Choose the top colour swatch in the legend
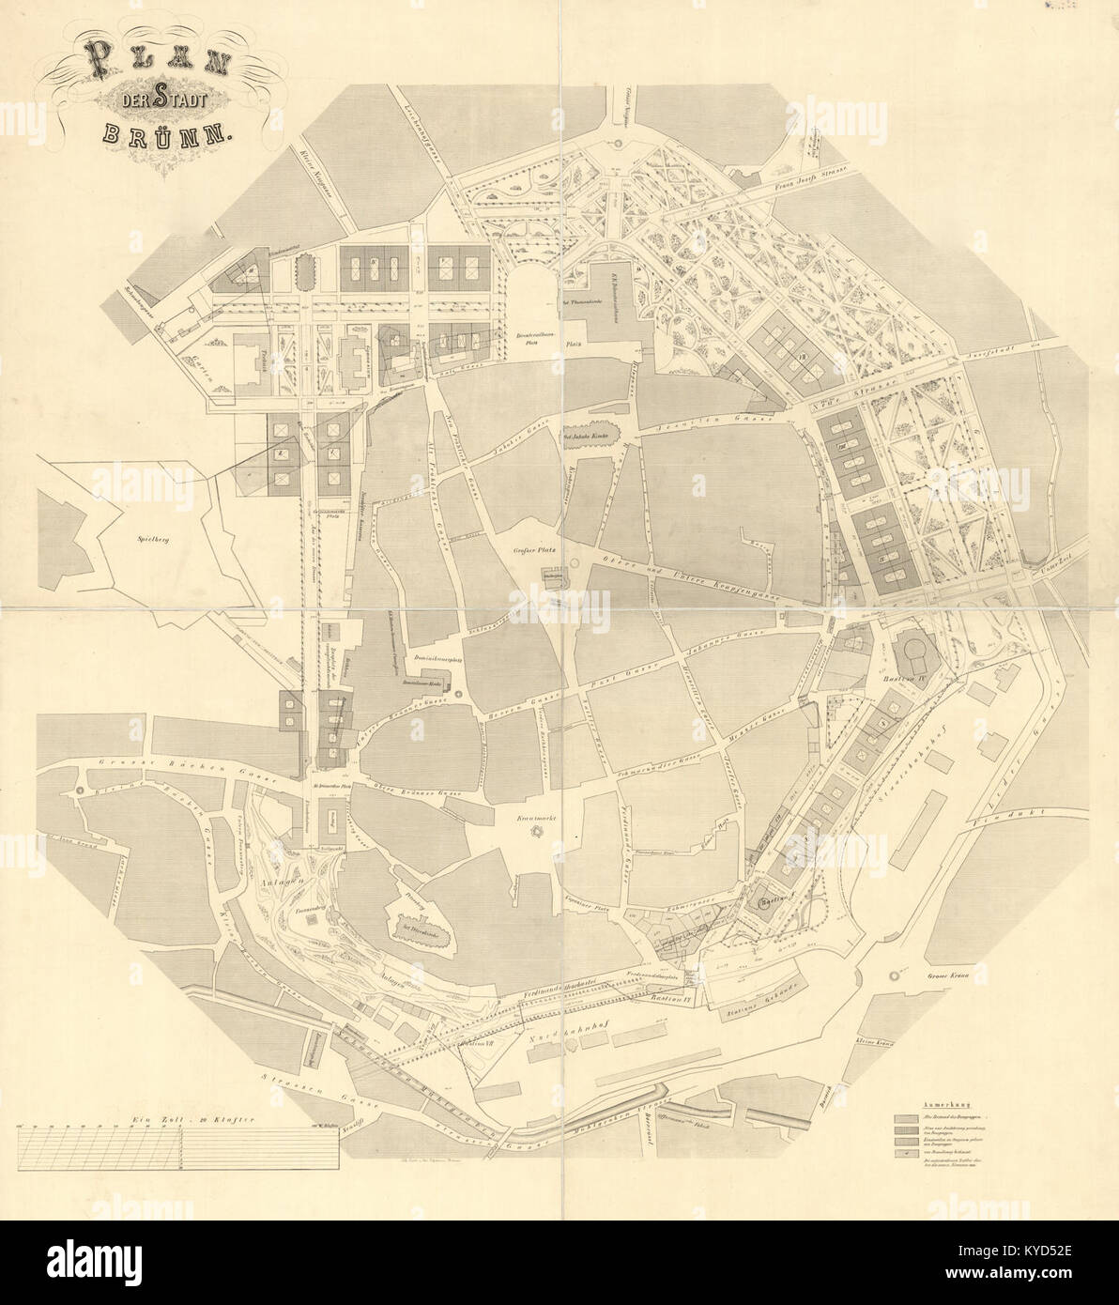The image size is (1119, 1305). coord(907,1120)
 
